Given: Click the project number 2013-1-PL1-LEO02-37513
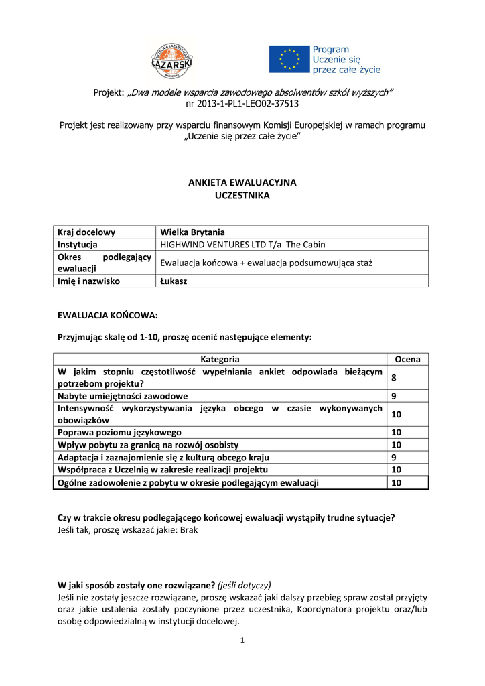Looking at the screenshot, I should (242, 104).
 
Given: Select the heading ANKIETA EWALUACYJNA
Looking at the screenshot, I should (242, 182).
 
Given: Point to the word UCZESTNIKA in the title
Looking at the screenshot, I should (242, 195).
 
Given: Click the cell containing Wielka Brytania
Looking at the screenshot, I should (188, 232).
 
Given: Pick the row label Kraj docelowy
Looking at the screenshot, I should (86, 232).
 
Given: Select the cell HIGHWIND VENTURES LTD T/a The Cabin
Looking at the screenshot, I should (242, 245).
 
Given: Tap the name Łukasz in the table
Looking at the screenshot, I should (174, 281).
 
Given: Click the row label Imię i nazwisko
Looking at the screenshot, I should (89, 281).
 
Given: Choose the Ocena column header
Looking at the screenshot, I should (407, 360).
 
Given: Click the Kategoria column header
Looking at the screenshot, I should (220, 360).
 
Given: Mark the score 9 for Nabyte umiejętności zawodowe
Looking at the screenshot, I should (394, 396).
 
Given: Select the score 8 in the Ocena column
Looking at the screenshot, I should (394, 378).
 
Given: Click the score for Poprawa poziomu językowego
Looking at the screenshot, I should (396, 433).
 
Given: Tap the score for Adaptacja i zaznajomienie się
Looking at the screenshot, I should (394, 458).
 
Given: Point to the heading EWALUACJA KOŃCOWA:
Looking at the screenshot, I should (108, 314).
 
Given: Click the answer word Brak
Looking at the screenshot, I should (190, 529).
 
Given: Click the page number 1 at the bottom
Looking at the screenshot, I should (242, 640).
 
